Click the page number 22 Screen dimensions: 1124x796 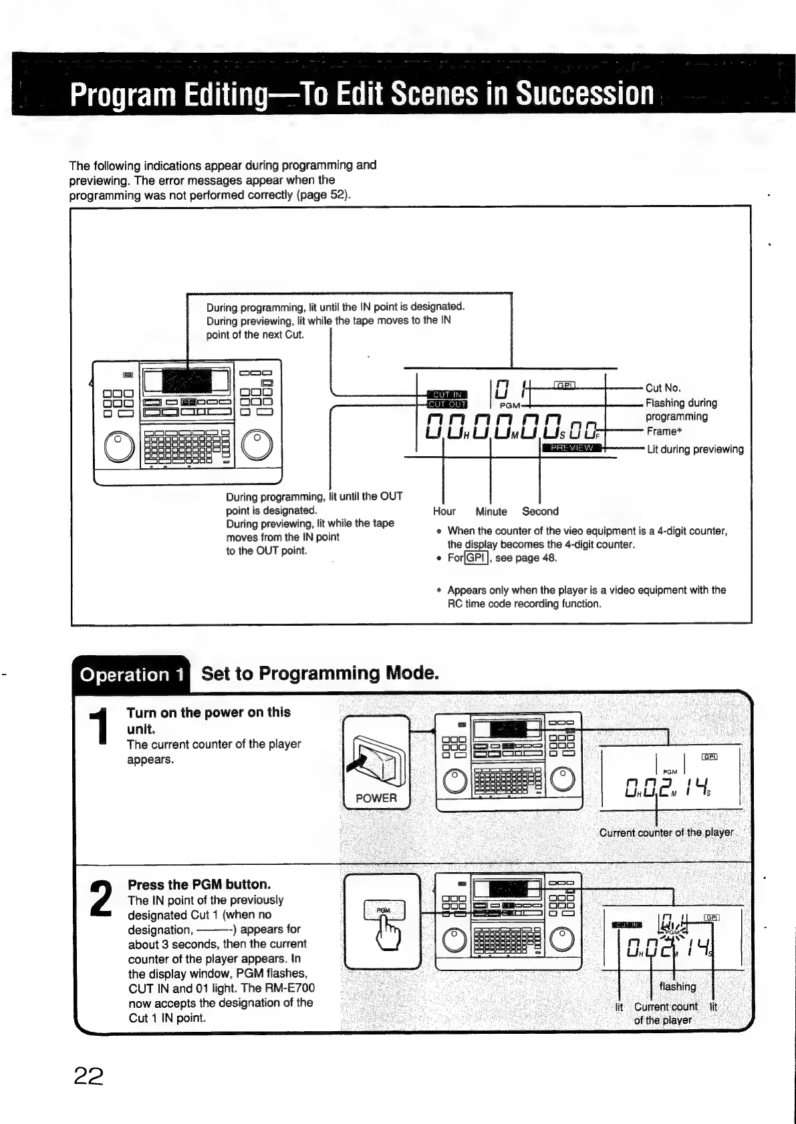point(88,1075)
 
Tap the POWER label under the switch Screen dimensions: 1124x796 point(376,797)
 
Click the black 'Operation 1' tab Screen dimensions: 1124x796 point(131,675)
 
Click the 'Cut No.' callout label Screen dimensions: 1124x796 point(663,388)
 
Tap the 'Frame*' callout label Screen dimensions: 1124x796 point(664,431)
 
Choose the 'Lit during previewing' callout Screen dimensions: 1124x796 point(695,449)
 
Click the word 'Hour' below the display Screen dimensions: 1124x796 point(444,512)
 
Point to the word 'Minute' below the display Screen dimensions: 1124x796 point(491,512)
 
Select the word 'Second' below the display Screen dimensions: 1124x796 point(540,512)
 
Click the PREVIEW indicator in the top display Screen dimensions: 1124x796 point(571,447)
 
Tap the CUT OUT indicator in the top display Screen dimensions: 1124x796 point(447,404)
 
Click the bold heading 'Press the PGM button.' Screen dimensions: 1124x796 point(199,884)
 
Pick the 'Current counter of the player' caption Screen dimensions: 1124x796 point(666,833)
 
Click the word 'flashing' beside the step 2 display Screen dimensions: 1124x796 point(678,986)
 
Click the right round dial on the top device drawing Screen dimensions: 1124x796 point(257,446)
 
